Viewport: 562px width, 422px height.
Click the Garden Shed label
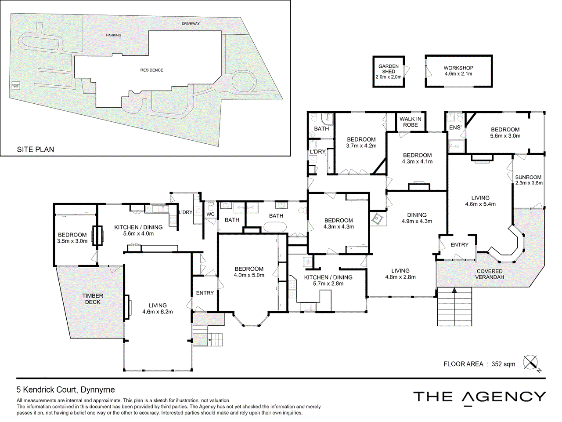tap(389, 72)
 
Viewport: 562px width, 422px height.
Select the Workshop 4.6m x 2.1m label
tap(458, 71)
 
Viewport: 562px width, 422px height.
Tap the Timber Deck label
tap(93, 299)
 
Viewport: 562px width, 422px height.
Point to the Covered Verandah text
tap(490, 274)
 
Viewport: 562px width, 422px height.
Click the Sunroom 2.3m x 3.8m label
tap(529, 180)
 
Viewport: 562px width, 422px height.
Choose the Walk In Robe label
tap(411, 122)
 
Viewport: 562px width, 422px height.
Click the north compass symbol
tap(531, 363)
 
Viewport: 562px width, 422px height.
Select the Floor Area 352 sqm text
tap(479, 364)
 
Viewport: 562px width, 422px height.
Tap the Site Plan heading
tap(36, 149)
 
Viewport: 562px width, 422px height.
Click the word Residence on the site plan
tap(151, 70)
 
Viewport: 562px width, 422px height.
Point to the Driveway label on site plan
tap(191, 24)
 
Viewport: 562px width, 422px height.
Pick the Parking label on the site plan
tap(114, 35)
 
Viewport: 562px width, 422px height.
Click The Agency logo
tap(479, 397)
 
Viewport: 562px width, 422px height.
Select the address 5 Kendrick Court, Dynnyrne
tap(66, 389)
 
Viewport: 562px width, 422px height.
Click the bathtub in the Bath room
tap(275, 228)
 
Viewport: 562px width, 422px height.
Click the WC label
tap(210, 215)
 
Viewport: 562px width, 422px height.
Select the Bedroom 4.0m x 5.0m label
tap(249, 272)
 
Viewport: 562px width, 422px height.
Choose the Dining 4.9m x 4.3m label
tap(417, 218)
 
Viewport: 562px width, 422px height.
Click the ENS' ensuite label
tap(455, 128)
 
